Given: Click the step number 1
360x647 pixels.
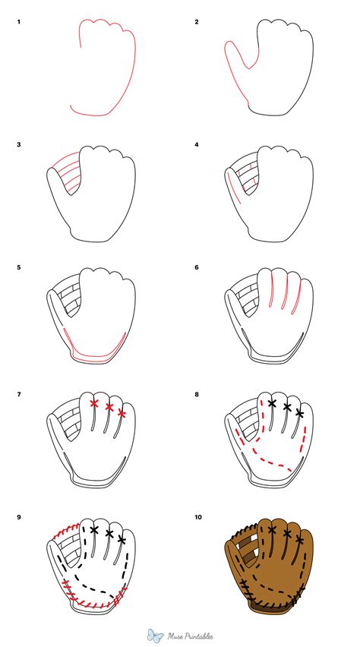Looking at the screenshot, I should coord(19,22).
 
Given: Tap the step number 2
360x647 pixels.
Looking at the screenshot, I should coord(197,22).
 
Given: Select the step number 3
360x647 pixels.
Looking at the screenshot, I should coord(19,144).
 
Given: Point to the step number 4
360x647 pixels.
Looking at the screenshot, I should coord(197,144).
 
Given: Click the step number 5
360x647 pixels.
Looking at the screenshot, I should coord(19,268).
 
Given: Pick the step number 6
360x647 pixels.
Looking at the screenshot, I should coord(197,268).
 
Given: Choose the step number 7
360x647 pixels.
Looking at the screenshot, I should coord(19,393).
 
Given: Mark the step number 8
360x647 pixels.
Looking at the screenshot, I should coord(197,393).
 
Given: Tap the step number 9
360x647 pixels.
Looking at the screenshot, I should coord(19,518).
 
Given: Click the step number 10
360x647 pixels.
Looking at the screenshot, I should coord(198,518).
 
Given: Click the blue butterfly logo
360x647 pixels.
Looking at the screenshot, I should coord(156,634).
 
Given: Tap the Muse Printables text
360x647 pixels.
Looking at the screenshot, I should coord(191,635).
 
